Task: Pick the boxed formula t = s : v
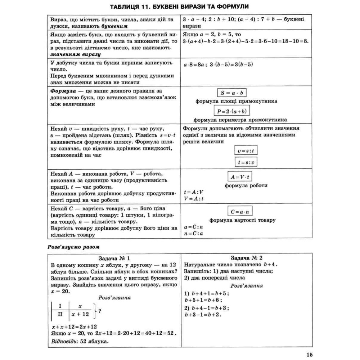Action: click(246, 162)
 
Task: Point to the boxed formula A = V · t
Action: click(241, 177)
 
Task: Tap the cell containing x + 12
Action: click(80, 314)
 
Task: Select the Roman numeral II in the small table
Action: click(60, 314)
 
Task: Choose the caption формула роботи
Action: click(246, 186)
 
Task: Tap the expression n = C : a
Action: click(194, 234)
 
